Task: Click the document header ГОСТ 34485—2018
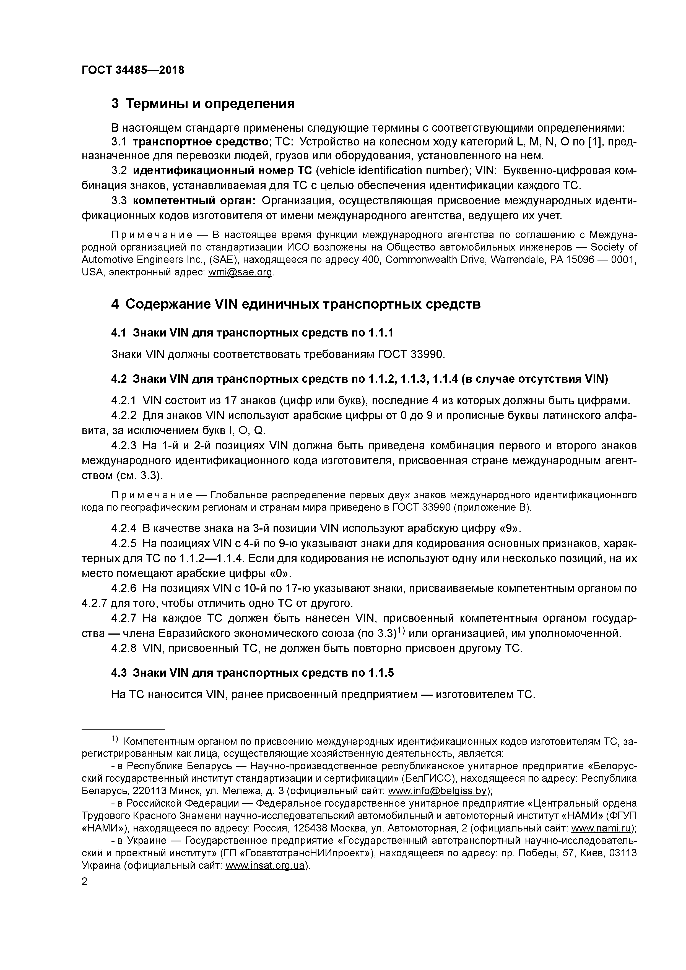tap(133, 70)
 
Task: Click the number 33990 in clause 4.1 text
tap(427, 354)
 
